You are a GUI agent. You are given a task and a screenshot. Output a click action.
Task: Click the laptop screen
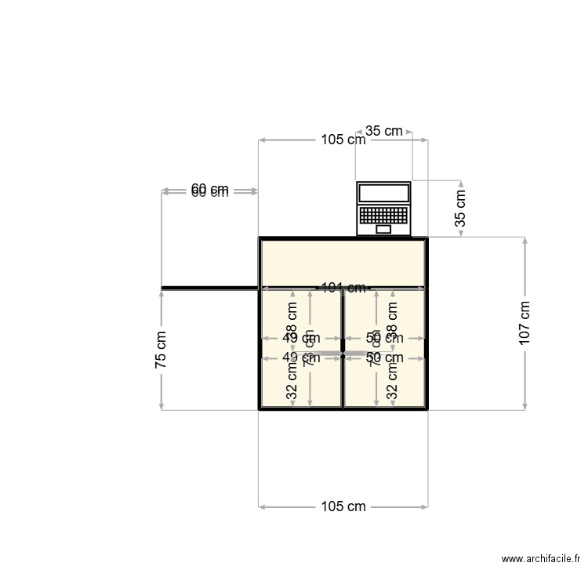click(383, 194)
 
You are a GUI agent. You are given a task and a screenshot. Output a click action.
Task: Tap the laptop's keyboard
click(383, 215)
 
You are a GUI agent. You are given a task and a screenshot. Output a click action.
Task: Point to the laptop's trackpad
click(383, 230)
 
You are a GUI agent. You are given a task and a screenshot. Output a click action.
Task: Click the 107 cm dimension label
click(524, 322)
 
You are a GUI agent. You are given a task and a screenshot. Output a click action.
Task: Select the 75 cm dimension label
click(161, 350)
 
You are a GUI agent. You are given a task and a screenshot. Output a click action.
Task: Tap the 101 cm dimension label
click(343, 288)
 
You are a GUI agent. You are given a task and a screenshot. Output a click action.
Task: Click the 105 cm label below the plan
click(343, 506)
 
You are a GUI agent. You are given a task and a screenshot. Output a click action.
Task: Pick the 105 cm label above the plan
click(343, 140)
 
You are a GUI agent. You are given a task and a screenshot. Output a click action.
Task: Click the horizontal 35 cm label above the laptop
click(384, 131)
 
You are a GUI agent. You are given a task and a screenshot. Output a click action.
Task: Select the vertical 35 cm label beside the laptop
click(460, 208)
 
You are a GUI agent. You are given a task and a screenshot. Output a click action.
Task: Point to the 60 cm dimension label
click(209, 191)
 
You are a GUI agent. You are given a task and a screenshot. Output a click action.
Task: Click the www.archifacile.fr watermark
click(541, 560)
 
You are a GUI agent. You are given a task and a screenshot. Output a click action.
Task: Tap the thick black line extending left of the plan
click(209, 289)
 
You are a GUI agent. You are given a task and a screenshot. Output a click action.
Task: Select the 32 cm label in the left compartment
click(292, 382)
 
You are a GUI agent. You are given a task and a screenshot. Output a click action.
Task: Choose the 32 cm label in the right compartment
click(393, 382)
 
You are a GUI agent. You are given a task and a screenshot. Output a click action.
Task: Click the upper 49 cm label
click(301, 338)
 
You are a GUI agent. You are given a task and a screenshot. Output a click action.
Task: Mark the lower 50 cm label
click(384, 358)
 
